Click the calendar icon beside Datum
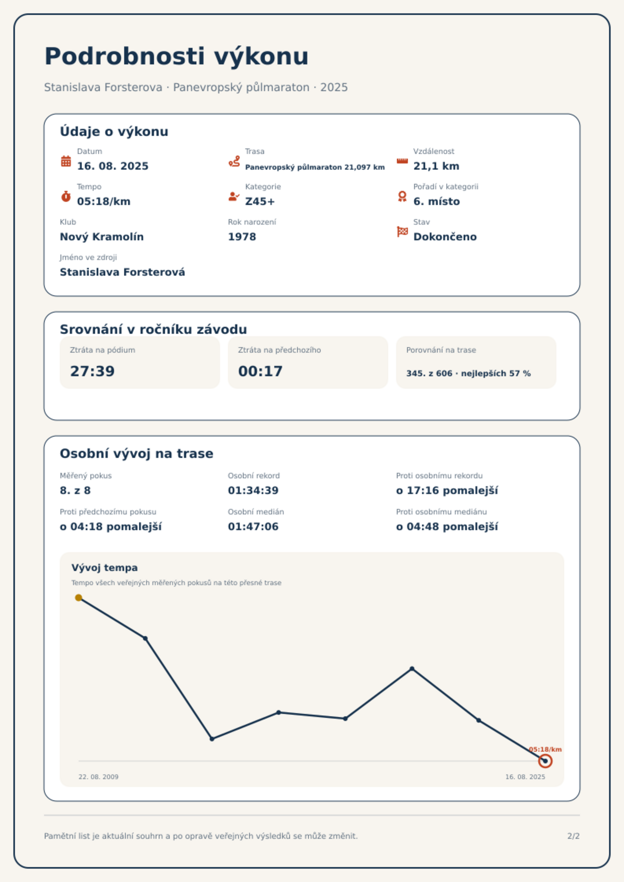(66, 161)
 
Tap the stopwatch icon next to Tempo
(66, 196)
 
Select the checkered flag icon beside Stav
(402, 232)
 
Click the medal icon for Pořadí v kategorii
(402, 196)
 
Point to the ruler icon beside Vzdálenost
(402, 161)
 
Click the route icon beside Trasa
(234, 161)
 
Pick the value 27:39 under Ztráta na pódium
(92, 371)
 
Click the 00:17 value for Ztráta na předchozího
(261, 371)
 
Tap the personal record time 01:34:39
(253, 490)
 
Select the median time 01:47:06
(253, 527)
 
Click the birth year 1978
(242, 237)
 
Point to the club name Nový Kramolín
(102, 237)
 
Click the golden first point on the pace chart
(79, 598)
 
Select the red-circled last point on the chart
(545, 761)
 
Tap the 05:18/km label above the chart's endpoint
(545, 749)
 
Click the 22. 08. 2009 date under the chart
(98, 777)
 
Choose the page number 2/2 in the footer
(573, 836)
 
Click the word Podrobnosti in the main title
(125, 56)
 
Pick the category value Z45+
(260, 201)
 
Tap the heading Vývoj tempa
(105, 568)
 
